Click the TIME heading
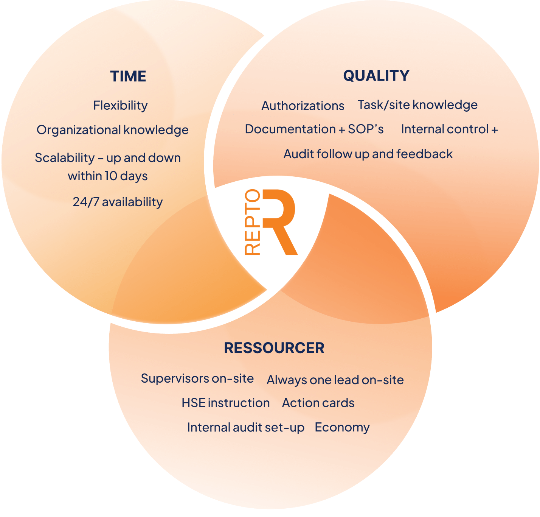pyautogui.click(x=128, y=76)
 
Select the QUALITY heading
pyautogui.click(x=376, y=76)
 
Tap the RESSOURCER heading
pyautogui.click(x=274, y=348)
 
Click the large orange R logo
pyautogui.click(x=280, y=221)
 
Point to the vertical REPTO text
pyautogui.click(x=253, y=222)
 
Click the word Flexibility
pyautogui.click(x=120, y=106)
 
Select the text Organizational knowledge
pyautogui.click(x=112, y=130)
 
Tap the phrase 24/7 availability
pyautogui.click(x=118, y=202)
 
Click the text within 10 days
pyautogui.click(x=108, y=176)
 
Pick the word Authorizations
pyautogui.click(x=303, y=106)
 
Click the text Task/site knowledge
pyautogui.click(x=417, y=105)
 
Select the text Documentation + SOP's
pyautogui.click(x=314, y=129)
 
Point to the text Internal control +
pyautogui.click(x=449, y=129)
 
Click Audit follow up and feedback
pyautogui.click(x=368, y=154)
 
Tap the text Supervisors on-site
pyautogui.click(x=197, y=378)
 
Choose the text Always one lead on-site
pyautogui.click(x=335, y=380)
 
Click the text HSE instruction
pyautogui.click(x=225, y=403)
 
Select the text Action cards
pyautogui.click(x=318, y=403)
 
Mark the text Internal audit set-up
pyautogui.click(x=245, y=428)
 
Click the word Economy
pyautogui.click(x=342, y=428)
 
